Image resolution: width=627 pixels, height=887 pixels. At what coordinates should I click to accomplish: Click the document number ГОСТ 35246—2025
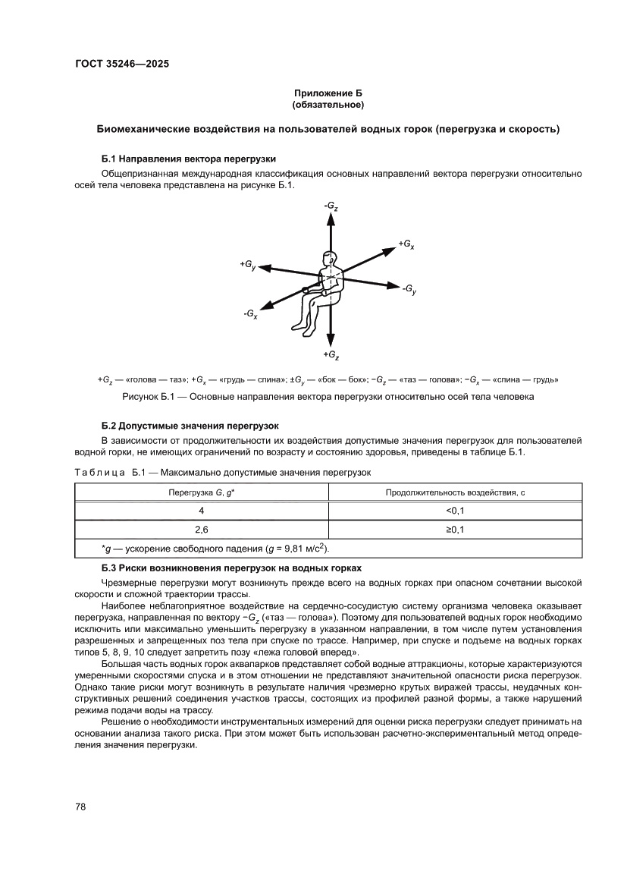[x=121, y=64]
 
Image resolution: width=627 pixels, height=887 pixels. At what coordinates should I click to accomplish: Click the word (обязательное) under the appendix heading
[x=328, y=104]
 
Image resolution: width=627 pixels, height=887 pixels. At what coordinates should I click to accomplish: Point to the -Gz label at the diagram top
[x=331, y=206]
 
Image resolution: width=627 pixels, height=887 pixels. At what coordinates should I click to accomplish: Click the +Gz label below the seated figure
[x=331, y=355]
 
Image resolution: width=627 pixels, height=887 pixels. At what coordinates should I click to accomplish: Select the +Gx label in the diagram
[x=406, y=244]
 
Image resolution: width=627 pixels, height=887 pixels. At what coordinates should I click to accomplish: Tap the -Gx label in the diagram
[x=251, y=313]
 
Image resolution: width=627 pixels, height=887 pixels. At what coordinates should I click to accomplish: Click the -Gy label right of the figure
[x=409, y=289]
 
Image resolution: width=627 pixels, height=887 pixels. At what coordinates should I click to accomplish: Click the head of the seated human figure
[x=328, y=259]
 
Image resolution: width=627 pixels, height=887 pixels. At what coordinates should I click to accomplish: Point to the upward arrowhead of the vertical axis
[x=331, y=218]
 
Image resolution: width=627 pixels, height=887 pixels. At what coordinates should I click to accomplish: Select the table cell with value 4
[x=201, y=511]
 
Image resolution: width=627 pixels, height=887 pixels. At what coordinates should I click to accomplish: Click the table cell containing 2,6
[x=201, y=530]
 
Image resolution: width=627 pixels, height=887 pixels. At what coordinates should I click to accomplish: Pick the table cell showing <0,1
[x=455, y=511]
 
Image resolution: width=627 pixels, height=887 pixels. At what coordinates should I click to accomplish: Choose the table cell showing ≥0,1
[x=455, y=530]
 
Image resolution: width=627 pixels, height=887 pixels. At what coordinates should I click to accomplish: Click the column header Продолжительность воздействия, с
[x=455, y=492]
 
